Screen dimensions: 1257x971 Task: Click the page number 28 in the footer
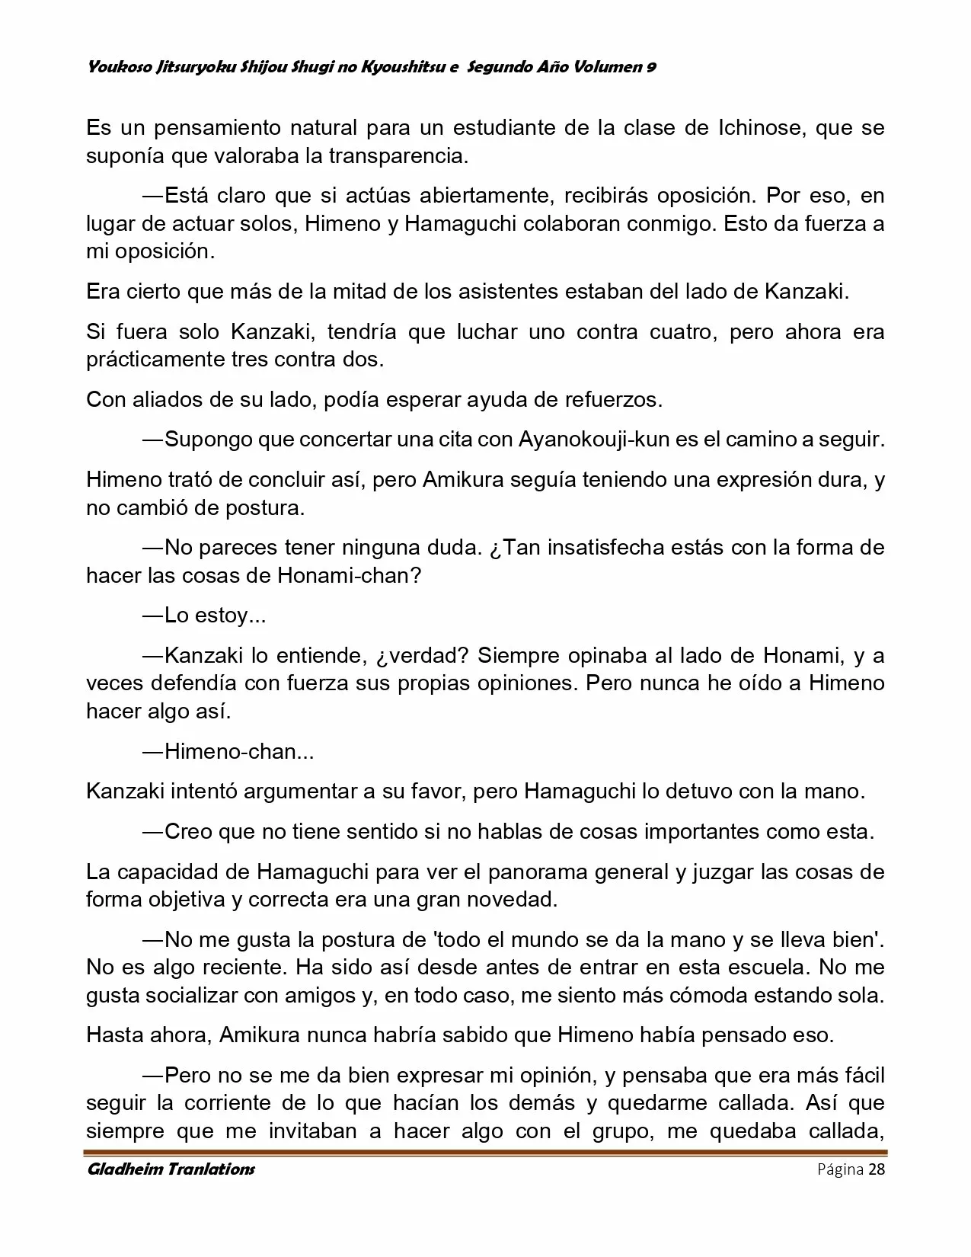(x=876, y=1169)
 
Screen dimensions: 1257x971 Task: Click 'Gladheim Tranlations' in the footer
(x=171, y=1169)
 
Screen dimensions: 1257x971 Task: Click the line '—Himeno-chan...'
(x=228, y=751)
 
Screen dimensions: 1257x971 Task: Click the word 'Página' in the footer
(x=839, y=1169)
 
